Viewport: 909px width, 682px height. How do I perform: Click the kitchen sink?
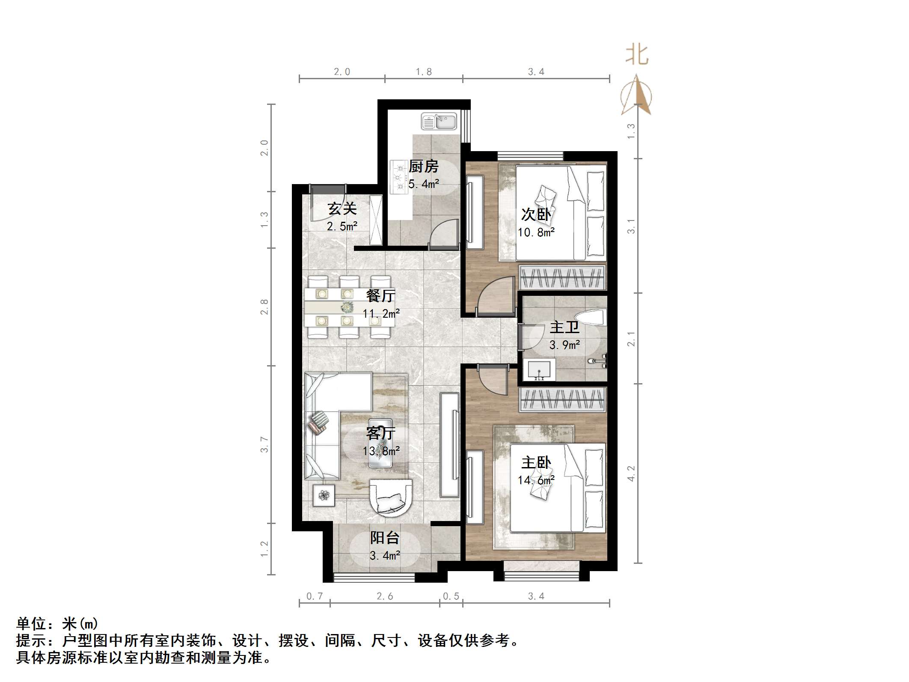[x=439, y=121]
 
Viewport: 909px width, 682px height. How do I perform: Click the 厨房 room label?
[x=424, y=166]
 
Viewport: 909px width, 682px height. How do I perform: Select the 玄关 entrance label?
[x=342, y=208]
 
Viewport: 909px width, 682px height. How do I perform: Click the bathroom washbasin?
[x=539, y=370]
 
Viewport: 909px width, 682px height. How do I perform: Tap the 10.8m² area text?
[x=536, y=232]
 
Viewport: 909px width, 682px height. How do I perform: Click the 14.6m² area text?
[x=536, y=480]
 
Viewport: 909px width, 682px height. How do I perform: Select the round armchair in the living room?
[x=390, y=497]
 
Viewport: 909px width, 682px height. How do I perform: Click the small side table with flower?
[x=324, y=495]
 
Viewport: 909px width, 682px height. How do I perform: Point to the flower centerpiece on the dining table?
[x=347, y=307]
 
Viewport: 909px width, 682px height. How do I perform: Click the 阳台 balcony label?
[x=385, y=538]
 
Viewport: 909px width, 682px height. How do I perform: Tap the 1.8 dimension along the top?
[x=424, y=72]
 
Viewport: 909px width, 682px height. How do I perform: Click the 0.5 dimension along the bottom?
[x=451, y=596]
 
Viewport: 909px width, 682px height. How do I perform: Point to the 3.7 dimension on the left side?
[x=264, y=444]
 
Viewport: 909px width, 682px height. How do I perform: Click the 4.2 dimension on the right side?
[x=631, y=474]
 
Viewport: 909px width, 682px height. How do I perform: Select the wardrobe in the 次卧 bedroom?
[x=562, y=277]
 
